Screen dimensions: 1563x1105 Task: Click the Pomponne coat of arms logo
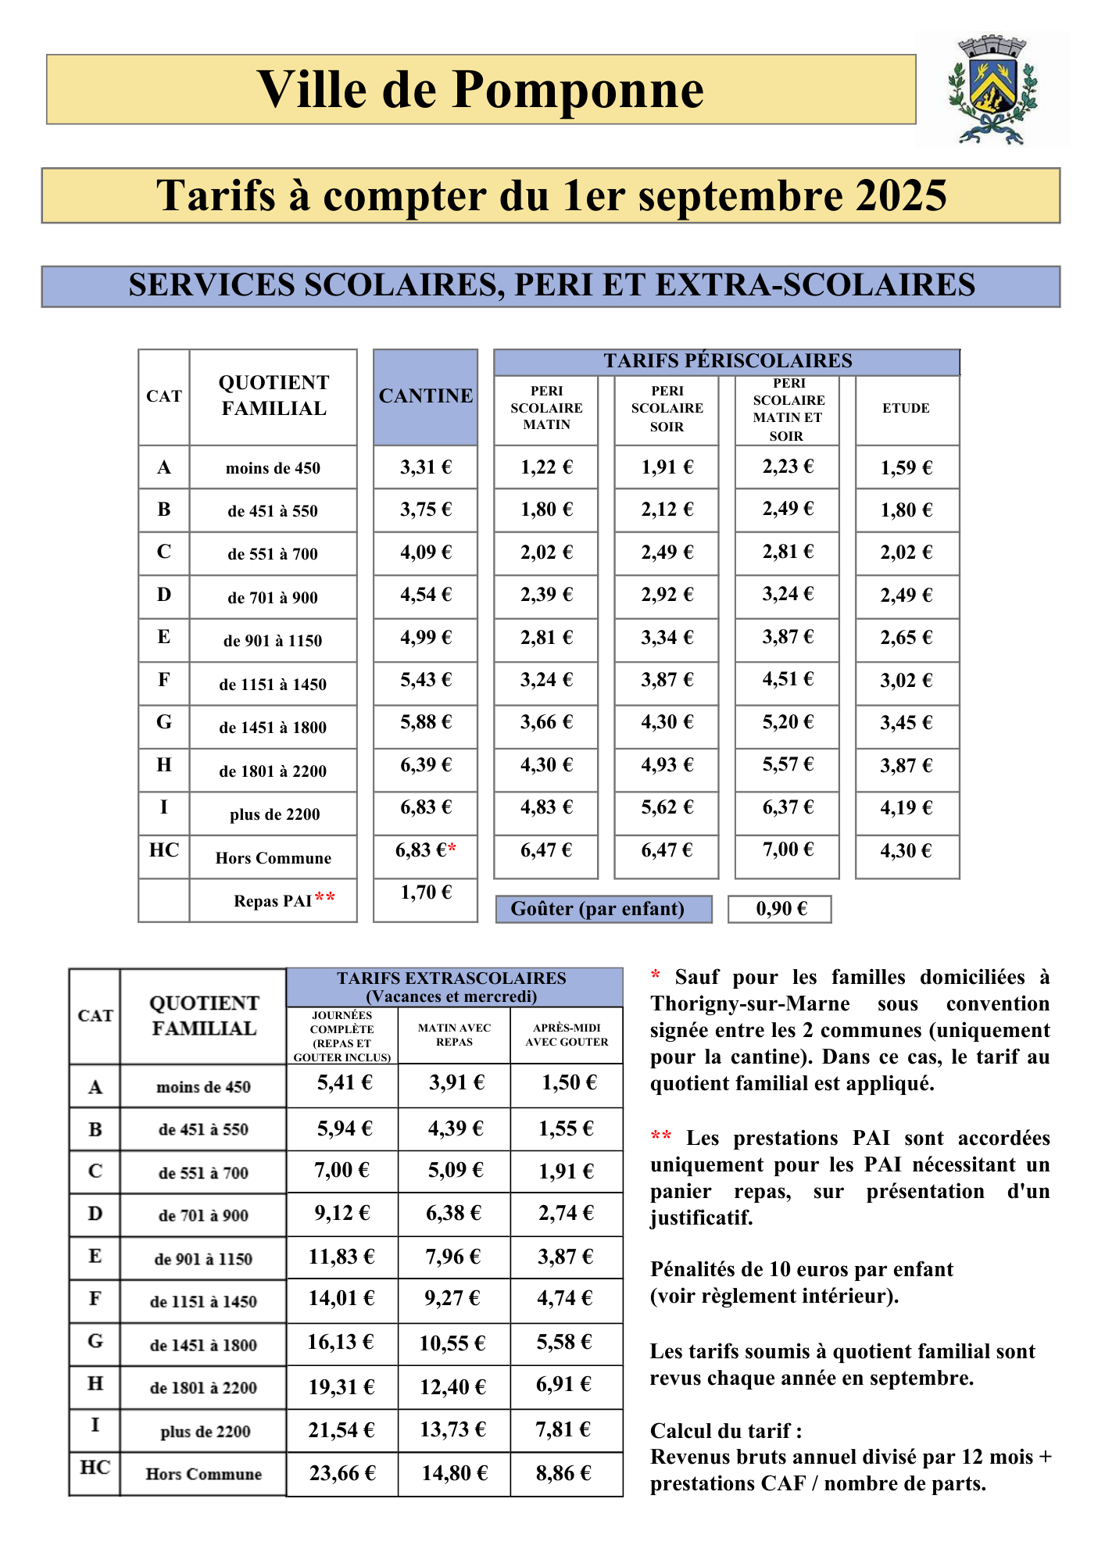click(992, 89)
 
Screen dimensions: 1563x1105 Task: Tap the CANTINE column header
click(425, 396)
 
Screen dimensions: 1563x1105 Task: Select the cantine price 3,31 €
click(425, 467)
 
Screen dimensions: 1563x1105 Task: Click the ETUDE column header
click(906, 408)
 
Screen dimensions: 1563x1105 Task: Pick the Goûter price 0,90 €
click(780, 909)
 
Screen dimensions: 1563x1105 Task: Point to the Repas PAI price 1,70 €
click(425, 892)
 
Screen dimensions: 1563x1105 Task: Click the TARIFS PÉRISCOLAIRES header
click(727, 361)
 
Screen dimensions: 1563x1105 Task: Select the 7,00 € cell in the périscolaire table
click(787, 849)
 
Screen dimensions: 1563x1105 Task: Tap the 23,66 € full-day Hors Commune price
click(342, 1473)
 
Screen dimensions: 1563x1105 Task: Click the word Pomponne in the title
click(578, 90)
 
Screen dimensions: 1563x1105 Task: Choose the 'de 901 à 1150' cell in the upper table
click(273, 641)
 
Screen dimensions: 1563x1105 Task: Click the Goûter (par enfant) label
click(597, 909)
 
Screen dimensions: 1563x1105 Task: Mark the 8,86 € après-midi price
click(563, 1473)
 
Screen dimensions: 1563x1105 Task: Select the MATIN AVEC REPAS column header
click(454, 1035)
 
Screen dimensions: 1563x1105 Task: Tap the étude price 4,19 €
click(906, 808)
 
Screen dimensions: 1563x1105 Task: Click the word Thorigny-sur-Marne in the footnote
click(749, 1003)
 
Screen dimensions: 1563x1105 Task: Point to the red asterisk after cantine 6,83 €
click(452, 849)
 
